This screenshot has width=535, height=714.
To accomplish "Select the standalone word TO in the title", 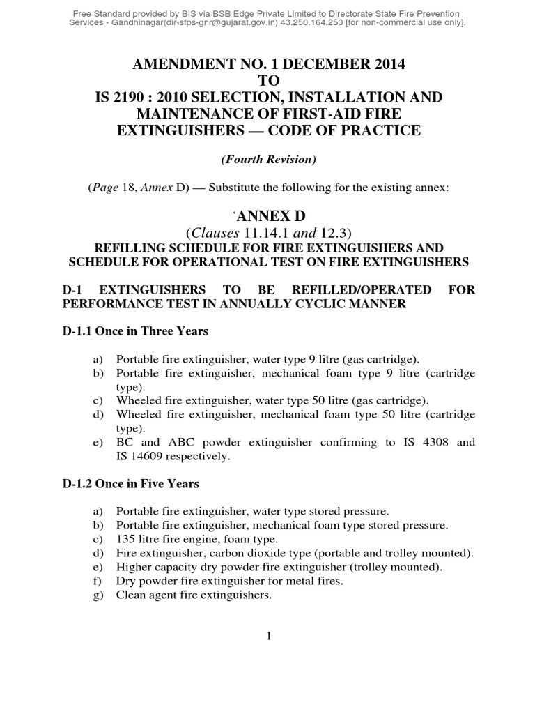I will (x=267, y=80).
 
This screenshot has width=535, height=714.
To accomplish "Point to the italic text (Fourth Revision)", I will (x=267, y=160).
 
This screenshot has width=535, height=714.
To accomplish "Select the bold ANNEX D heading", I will (x=268, y=217).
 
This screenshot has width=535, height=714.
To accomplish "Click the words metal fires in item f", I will (x=309, y=581).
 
